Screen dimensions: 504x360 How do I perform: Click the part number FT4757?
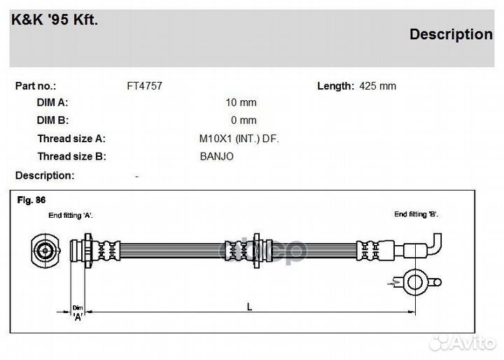click(x=145, y=86)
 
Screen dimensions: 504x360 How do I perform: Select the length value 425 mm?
click(x=378, y=86)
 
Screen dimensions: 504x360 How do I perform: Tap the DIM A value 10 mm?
click(x=241, y=103)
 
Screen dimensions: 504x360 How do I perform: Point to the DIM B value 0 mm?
click(x=244, y=120)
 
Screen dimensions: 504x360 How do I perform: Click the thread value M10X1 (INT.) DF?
click(x=239, y=139)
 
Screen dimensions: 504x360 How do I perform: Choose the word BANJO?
click(x=216, y=156)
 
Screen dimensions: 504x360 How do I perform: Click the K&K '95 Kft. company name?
click(x=55, y=20)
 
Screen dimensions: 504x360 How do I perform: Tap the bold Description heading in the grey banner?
click(x=451, y=34)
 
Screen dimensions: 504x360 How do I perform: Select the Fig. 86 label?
click(x=31, y=200)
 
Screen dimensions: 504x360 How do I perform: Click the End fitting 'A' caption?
click(x=71, y=216)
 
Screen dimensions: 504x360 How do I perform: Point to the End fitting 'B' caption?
click(x=416, y=214)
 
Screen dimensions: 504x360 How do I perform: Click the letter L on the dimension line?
click(x=249, y=307)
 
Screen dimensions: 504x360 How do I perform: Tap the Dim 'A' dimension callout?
click(x=78, y=312)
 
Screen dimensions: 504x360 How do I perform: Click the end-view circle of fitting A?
click(x=45, y=251)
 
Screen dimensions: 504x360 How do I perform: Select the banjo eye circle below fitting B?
click(x=415, y=282)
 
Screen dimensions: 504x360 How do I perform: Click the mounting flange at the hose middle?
click(x=256, y=251)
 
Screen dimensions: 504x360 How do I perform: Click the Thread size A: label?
click(x=71, y=139)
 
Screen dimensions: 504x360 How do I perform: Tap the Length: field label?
click(x=335, y=86)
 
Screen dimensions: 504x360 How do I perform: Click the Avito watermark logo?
click(x=463, y=343)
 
